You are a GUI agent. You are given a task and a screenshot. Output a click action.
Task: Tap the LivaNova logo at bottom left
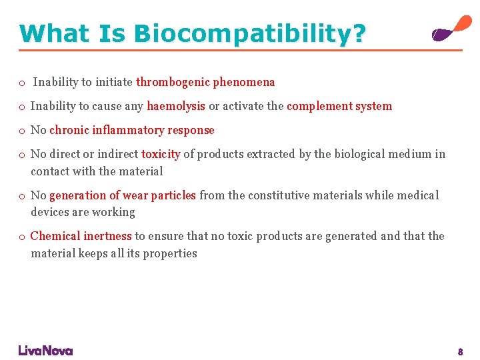tap(45, 351)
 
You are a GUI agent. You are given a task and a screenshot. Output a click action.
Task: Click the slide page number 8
tap(460, 351)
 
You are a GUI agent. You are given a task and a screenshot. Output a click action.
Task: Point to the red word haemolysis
tap(176, 107)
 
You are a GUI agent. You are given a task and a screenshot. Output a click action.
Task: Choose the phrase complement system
tap(339, 107)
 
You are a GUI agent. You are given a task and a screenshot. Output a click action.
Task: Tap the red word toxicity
tap(161, 155)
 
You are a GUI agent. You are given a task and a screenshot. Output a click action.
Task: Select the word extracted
tap(271, 155)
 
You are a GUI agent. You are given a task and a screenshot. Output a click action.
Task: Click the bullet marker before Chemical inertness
tap(22, 237)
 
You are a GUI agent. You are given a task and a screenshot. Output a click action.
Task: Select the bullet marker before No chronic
tap(22, 131)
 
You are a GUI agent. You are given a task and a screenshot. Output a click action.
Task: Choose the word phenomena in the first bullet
tap(244, 83)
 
